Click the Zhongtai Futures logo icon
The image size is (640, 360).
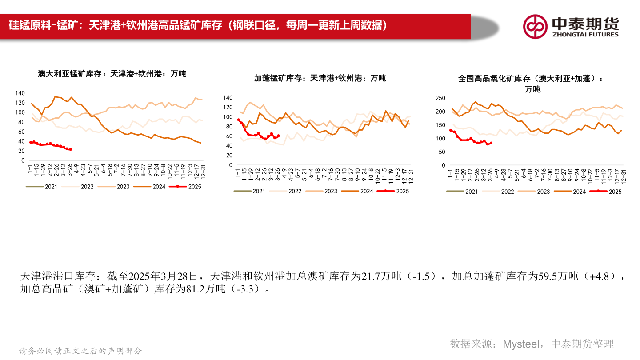pos(535,26)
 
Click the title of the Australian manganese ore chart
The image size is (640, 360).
pos(112,74)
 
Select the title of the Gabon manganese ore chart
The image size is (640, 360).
pos(320,78)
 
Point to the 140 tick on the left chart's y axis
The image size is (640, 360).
pos(20,93)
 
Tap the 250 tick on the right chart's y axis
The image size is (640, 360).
pos(440,98)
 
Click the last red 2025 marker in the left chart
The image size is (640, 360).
pos(70,149)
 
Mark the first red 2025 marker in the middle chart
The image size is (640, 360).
pos(238,120)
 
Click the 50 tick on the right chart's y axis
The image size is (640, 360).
pos(442,152)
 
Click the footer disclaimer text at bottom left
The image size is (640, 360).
pos(81,351)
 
